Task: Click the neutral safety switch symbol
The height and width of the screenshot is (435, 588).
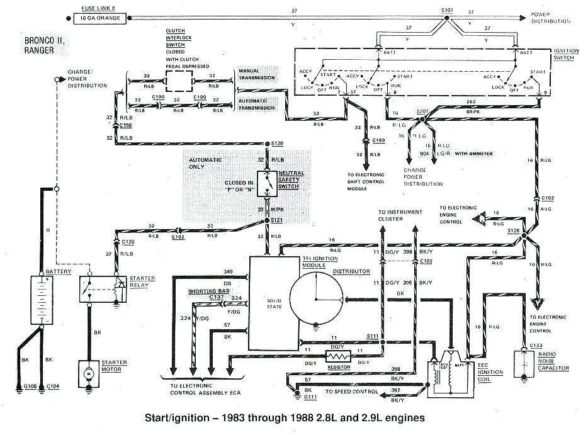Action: pos(267,183)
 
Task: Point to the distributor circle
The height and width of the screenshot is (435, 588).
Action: pos(317,297)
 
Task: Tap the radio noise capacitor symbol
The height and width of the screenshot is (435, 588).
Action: pos(523,364)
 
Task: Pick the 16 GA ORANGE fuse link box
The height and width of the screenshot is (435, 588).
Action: pos(100,19)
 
